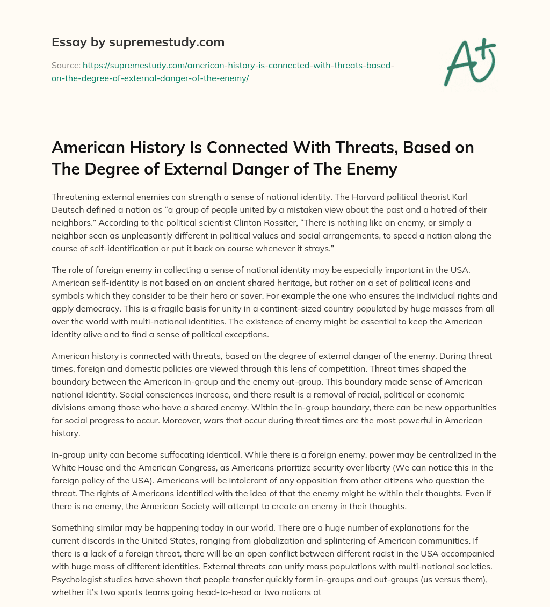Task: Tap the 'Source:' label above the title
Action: coord(66,65)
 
